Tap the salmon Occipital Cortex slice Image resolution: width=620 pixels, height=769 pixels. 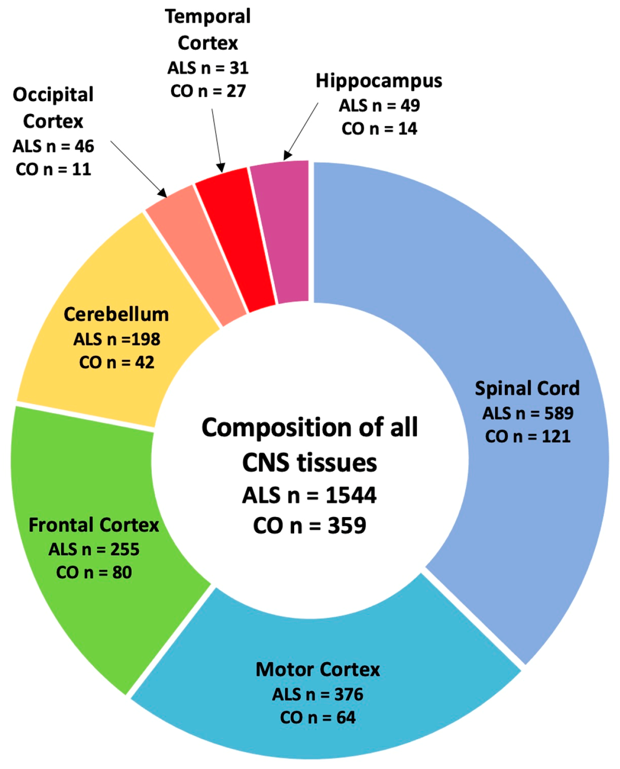point(196,255)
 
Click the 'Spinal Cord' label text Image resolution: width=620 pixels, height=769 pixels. point(527,389)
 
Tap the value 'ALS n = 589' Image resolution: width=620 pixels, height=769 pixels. point(528,413)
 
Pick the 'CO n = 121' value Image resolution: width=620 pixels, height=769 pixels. point(528,437)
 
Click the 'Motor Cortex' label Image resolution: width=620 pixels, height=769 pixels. point(317,670)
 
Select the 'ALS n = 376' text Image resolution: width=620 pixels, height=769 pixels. point(317,695)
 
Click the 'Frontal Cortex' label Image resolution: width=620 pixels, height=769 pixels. point(94,525)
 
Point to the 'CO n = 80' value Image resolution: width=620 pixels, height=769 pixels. point(94,572)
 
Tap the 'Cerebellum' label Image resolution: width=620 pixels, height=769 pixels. point(116,314)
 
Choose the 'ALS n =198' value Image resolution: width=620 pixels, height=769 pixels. point(117,339)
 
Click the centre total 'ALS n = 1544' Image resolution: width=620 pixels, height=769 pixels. point(309,496)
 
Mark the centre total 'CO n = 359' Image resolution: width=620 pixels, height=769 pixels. point(309,526)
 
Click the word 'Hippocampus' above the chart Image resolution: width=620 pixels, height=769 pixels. point(379,81)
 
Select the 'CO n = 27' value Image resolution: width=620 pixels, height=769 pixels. point(208,91)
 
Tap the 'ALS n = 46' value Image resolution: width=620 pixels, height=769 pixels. point(53,146)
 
